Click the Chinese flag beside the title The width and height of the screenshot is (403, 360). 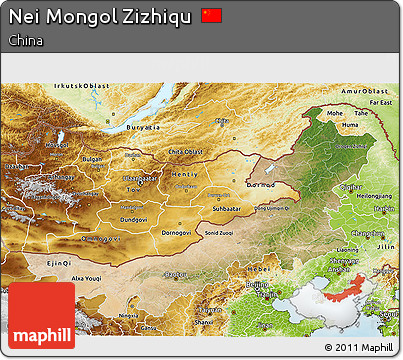click(211, 16)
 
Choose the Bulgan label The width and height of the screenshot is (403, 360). click(91, 159)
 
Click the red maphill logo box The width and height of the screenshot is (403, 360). click(41, 315)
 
